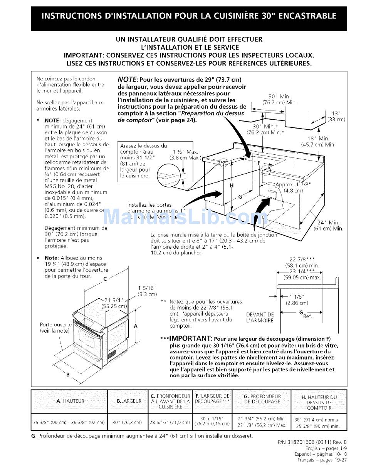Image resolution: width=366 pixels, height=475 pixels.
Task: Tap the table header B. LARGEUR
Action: pos(129,401)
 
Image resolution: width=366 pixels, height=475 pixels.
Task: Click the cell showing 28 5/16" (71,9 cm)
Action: pos(170,422)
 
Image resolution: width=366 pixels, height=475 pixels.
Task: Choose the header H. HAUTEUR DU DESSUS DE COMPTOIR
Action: pos(319,402)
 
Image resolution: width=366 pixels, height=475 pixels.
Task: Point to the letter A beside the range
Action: pos(135,326)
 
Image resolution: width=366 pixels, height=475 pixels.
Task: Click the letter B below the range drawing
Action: pos(68,374)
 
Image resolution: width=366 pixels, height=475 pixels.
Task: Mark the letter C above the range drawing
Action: pos(105,280)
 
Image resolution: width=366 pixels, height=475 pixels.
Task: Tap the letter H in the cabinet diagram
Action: pos(232,186)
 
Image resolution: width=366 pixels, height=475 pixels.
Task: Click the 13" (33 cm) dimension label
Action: pos(336,116)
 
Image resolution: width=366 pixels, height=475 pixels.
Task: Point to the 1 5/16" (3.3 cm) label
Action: pos(147,291)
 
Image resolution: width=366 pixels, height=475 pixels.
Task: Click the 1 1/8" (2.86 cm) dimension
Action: pos(296,299)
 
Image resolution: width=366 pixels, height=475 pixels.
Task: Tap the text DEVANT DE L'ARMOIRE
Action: pos(260,318)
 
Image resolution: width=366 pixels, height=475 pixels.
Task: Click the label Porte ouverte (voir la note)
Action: pos(55,328)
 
